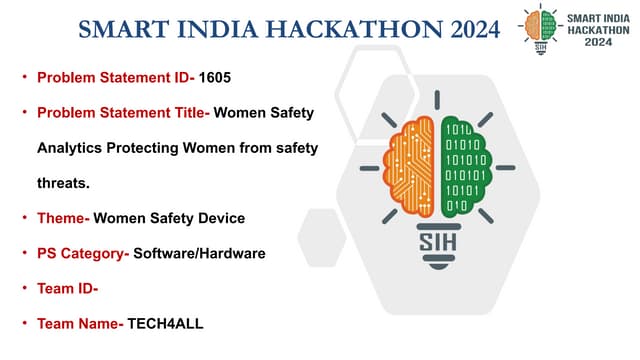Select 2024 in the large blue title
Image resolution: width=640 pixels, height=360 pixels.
tap(463, 30)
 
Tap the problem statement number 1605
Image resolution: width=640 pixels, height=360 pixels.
tap(217, 77)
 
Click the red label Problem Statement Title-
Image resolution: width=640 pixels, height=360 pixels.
tap(123, 113)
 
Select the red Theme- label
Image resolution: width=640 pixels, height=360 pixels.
tap(63, 218)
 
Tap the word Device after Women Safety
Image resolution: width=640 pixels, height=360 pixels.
tap(222, 218)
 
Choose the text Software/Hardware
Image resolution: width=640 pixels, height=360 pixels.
tap(199, 253)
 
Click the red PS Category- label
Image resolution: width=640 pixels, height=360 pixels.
tap(83, 253)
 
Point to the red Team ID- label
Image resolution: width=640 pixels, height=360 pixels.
tap(67, 289)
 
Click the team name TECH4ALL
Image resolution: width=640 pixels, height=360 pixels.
tap(165, 324)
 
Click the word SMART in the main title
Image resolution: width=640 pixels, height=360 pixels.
tap(120, 30)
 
